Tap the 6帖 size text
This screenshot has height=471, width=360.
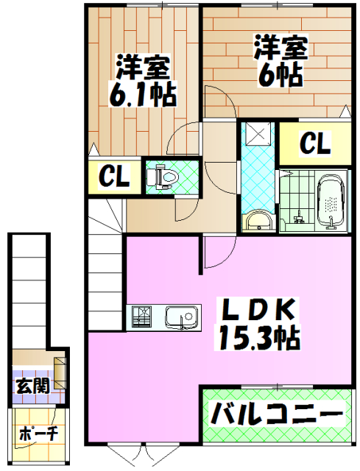click(x=280, y=74)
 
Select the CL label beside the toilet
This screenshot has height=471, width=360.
click(x=115, y=176)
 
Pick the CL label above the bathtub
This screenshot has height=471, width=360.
click(x=315, y=143)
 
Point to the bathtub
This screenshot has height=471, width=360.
click(x=331, y=203)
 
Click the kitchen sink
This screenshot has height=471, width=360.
click(x=180, y=318)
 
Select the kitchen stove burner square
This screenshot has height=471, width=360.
click(x=142, y=317)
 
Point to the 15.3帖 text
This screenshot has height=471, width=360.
click(x=257, y=339)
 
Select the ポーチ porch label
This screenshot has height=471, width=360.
click(x=38, y=434)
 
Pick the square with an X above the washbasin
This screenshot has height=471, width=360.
click(x=258, y=134)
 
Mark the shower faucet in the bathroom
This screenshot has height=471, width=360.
click(x=299, y=217)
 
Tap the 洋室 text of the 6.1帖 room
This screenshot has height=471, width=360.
click(x=144, y=68)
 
